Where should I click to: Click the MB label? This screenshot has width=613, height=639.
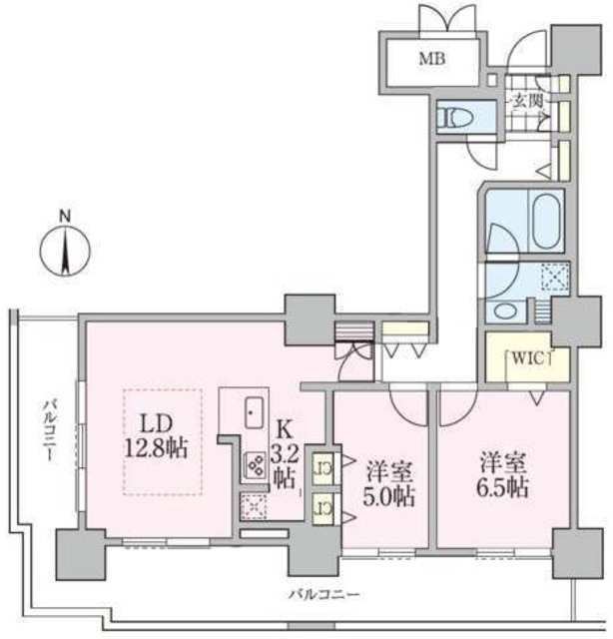[x=432, y=60]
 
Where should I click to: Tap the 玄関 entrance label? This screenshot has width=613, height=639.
[x=528, y=101]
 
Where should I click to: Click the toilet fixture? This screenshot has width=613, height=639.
[x=454, y=117]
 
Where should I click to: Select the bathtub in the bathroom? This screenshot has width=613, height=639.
[x=547, y=221]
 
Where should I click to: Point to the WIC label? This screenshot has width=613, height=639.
[x=528, y=358]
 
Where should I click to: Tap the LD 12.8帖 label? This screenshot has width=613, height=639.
[x=156, y=436]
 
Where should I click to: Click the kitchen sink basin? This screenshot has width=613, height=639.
[x=254, y=411]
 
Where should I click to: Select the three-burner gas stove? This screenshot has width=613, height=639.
[x=256, y=465]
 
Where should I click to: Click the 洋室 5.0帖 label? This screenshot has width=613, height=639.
[x=388, y=484]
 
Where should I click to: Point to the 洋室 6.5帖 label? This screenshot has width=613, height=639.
[x=503, y=475]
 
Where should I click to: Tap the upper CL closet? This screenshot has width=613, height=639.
[x=322, y=469]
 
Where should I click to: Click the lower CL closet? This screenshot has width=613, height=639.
[x=322, y=508]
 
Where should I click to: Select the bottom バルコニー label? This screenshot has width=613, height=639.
[x=324, y=595]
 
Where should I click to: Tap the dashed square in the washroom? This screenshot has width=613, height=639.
[x=554, y=277]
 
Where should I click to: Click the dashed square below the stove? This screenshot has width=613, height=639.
[x=254, y=507]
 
